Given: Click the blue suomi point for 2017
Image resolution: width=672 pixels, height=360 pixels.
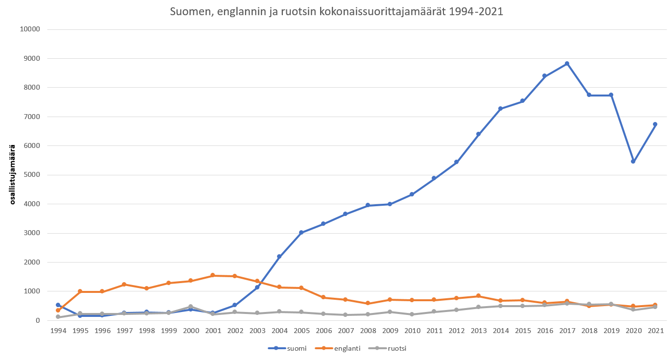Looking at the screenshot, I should (x=567, y=64).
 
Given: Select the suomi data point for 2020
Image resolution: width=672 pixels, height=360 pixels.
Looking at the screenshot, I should (x=633, y=161).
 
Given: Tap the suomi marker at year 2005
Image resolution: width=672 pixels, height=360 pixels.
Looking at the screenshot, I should (x=301, y=233).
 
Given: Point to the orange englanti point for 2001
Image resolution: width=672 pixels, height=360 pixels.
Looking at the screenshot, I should (x=212, y=275).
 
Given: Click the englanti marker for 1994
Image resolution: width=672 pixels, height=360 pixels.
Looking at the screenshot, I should (x=58, y=310).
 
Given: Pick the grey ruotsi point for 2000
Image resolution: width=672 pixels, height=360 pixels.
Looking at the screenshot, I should (x=190, y=307).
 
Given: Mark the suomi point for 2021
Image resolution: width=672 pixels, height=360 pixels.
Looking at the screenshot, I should (x=655, y=124).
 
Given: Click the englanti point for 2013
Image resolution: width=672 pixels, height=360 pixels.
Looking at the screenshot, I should (x=478, y=296).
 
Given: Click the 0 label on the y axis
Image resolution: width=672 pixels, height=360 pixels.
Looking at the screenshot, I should (x=37, y=320).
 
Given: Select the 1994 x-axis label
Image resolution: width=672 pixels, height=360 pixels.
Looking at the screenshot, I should (x=58, y=331).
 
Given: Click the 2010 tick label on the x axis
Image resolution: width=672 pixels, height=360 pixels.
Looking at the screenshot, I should (x=412, y=331).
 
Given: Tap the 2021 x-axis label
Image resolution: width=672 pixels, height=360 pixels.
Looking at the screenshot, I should (x=655, y=331).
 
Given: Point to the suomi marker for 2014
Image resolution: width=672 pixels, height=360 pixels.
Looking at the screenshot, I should (x=500, y=109).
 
